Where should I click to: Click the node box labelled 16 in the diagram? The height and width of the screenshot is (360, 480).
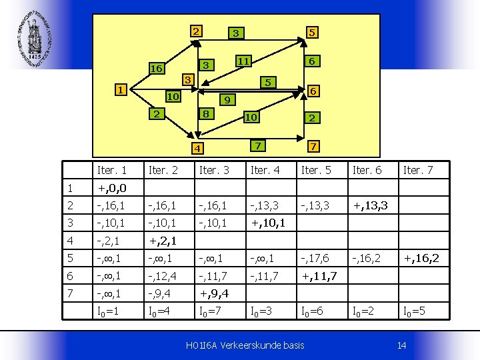click(x=157, y=69)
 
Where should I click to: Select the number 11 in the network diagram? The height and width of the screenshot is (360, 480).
click(x=243, y=61)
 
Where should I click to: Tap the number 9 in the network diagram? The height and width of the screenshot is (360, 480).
click(x=227, y=101)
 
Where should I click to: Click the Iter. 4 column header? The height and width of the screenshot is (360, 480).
click(x=265, y=171)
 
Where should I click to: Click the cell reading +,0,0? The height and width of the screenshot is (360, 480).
click(x=111, y=189)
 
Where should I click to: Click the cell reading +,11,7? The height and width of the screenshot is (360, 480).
click(x=319, y=275)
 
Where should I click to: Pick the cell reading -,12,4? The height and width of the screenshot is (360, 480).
click(x=162, y=275)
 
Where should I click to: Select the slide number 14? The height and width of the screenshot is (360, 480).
click(x=401, y=345)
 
